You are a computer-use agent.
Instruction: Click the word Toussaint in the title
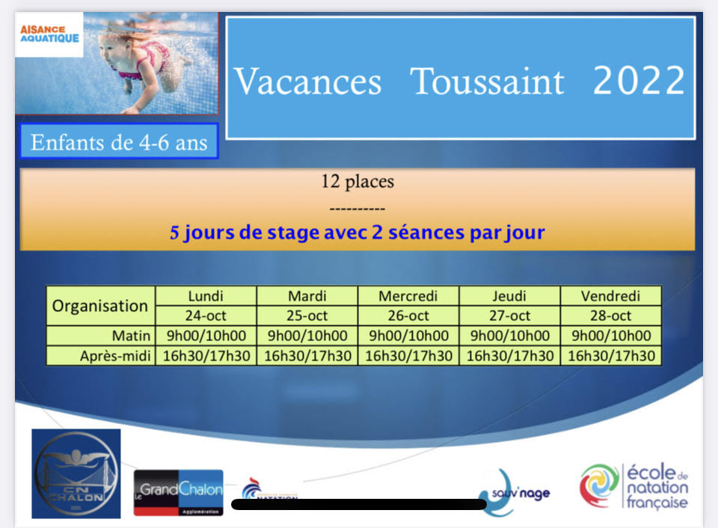tap(487, 82)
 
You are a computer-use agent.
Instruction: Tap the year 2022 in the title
tap(639, 80)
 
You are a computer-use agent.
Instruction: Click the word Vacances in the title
tap(307, 82)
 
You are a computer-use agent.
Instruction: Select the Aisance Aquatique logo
tap(49, 34)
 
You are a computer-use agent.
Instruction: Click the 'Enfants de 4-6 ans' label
tap(119, 142)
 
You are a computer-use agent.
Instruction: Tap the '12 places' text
tap(358, 181)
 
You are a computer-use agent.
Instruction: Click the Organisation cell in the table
tap(100, 306)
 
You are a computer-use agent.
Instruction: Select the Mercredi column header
tap(408, 296)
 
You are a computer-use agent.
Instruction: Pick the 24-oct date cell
tap(206, 316)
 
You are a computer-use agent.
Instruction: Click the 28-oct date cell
tap(611, 316)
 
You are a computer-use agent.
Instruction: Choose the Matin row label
tap(131, 336)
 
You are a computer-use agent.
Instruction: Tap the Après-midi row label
tap(115, 356)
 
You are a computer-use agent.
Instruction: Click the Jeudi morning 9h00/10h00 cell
tap(509, 336)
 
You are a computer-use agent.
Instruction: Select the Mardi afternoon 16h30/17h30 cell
tap(307, 356)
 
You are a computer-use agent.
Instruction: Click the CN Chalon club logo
tap(76, 473)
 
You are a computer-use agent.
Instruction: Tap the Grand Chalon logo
tap(179, 493)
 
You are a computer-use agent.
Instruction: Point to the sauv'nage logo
tap(513, 493)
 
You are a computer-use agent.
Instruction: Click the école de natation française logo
tap(634, 486)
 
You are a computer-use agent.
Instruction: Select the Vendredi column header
tap(611, 296)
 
